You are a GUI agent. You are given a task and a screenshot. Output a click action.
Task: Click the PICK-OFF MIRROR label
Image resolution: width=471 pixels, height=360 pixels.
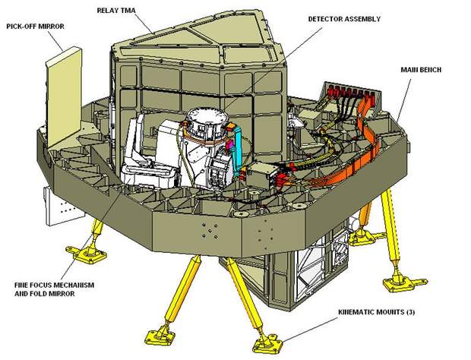click(35, 27)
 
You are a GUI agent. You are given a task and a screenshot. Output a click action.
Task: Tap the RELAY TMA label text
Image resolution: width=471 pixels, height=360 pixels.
click(116, 11)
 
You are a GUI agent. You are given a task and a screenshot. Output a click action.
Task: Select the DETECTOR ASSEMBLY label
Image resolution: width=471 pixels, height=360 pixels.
click(344, 19)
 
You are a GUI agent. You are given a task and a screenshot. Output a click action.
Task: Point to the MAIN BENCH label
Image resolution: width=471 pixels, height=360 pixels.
click(421, 70)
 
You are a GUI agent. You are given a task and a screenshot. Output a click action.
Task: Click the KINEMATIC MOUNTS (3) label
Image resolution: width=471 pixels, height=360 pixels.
click(377, 312)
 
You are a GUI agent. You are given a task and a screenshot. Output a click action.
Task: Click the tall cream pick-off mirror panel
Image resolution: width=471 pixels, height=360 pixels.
click(64, 97)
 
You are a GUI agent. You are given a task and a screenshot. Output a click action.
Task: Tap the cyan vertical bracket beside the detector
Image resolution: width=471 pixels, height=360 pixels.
click(238, 149)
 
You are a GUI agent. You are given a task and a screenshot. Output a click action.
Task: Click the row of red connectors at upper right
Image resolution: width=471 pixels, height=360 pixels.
click(352, 92)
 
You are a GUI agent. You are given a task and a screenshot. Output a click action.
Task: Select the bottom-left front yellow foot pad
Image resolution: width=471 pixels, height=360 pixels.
click(160, 337)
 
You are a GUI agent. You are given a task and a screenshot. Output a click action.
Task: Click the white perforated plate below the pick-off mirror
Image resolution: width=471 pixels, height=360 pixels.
click(64, 208)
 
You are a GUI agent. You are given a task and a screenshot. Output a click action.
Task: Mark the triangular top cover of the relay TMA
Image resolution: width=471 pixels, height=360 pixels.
click(198, 38)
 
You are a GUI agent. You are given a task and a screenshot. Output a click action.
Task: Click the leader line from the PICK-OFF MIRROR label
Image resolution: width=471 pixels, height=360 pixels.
click(55, 41)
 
